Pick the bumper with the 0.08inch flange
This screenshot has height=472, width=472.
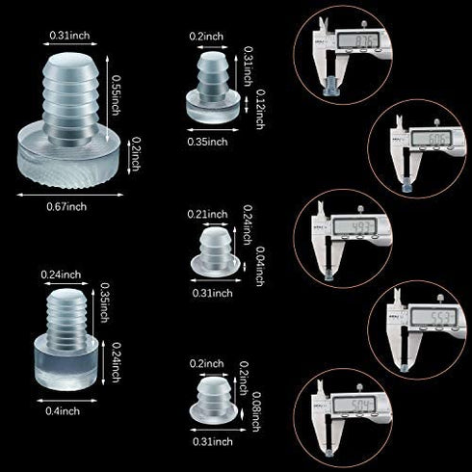pos(213,395)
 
